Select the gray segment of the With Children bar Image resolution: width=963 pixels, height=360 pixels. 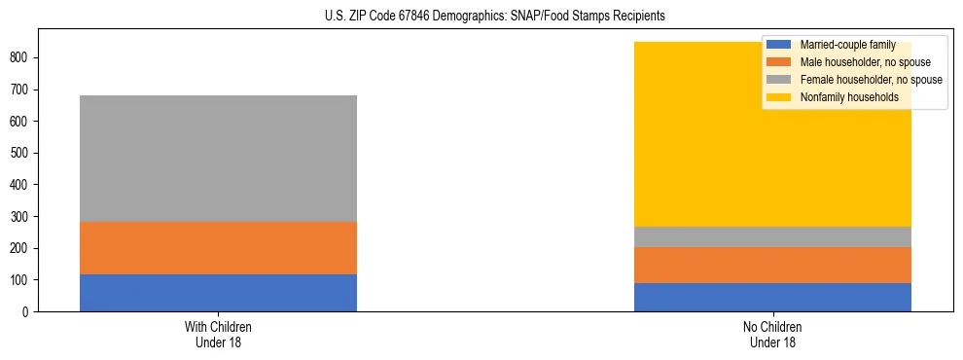(x=218, y=159)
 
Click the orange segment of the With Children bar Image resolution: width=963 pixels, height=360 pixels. (x=218, y=248)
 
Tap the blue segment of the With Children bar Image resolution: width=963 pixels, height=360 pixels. (x=218, y=293)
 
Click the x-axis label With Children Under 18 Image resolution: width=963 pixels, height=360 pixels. (x=218, y=334)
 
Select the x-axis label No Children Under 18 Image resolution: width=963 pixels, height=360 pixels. (x=772, y=334)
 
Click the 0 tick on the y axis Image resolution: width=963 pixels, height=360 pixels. (x=29, y=312)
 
